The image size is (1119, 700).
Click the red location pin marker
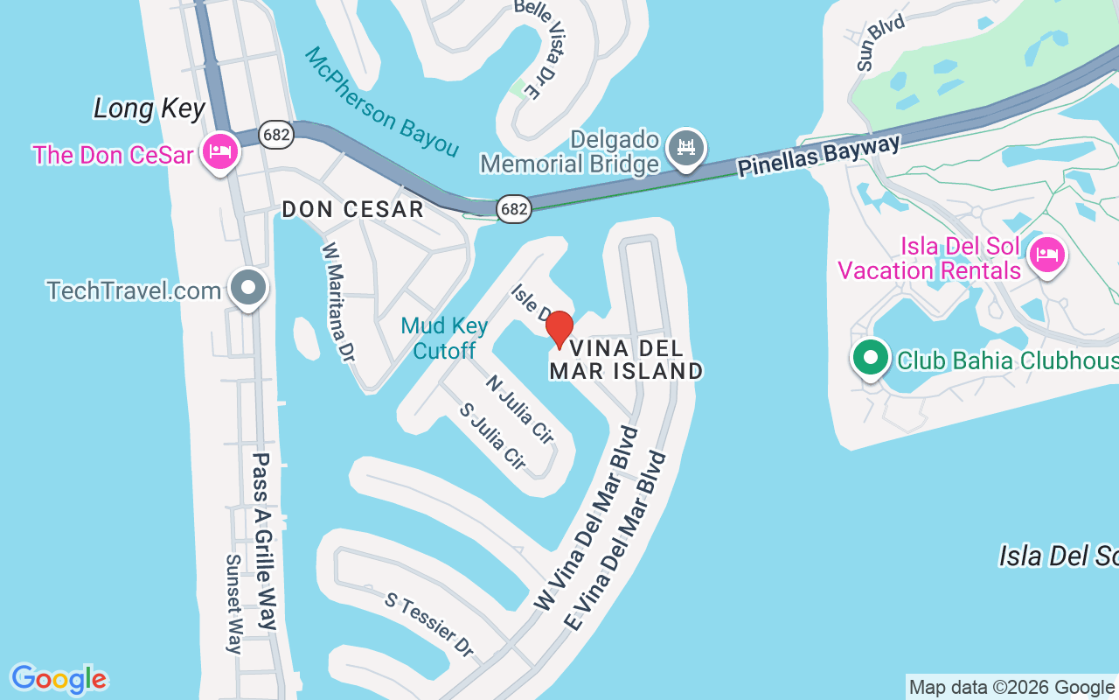pyautogui.click(x=559, y=329)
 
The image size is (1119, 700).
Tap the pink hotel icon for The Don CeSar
pyautogui.click(x=219, y=152)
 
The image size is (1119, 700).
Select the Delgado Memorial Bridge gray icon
pyautogui.click(x=686, y=148)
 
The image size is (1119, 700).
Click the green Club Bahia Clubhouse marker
pyautogui.click(x=870, y=358)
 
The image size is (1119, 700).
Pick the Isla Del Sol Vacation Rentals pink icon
pyautogui.click(x=1046, y=255)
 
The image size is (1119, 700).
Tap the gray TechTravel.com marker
pyautogui.click(x=248, y=287)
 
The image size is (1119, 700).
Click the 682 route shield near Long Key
pyautogui.click(x=276, y=134)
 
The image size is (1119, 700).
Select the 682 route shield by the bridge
pyautogui.click(x=513, y=209)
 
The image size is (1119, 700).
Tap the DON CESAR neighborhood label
pyautogui.click(x=352, y=210)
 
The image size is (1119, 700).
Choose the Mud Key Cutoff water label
pyautogui.click(x=444, y=338)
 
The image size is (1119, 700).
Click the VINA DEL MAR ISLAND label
pyautogui.click(x=626, y=360)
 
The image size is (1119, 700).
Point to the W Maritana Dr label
pyautogui.click(x=338, y=302)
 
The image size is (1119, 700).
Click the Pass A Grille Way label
pyautogui.click(x=265, y=541)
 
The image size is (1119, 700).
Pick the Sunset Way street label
pyautogui.click(x=233, y=604)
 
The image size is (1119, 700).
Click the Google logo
pyautogui.click(x=59, y=679)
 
